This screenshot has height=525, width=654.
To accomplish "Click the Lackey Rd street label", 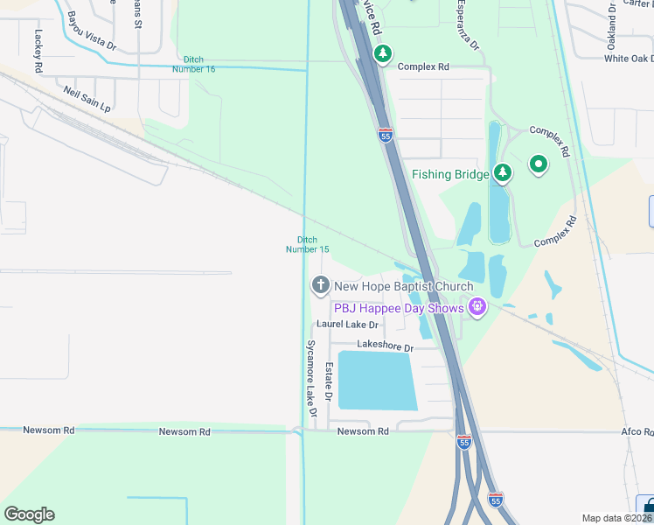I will (x=38, y=52).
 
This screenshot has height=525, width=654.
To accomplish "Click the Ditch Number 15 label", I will (x=308, y=244).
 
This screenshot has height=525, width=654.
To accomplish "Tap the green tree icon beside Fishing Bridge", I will (x=502, y=173).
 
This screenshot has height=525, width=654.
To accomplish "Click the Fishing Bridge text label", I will (x=450, y=174).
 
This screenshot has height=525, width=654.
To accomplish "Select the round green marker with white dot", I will (x=539, y=164).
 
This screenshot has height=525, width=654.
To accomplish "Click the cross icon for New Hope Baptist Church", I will (x=320, y=285).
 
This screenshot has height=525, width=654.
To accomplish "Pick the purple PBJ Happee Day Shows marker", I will (x=477, y=306).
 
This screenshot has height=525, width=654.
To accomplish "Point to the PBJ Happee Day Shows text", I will (x=399, y=307).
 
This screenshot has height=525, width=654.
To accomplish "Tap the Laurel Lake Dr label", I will (x=346, y=324).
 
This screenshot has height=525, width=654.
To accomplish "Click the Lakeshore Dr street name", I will (x=384, y=347).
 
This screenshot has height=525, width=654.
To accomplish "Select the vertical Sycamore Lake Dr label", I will (x=310, y=384).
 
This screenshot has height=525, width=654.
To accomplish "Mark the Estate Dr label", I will (x=330, y=382).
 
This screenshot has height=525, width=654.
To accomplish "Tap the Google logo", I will (x=29, y=514).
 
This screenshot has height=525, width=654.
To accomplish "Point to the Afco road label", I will (x=637, y=431).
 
